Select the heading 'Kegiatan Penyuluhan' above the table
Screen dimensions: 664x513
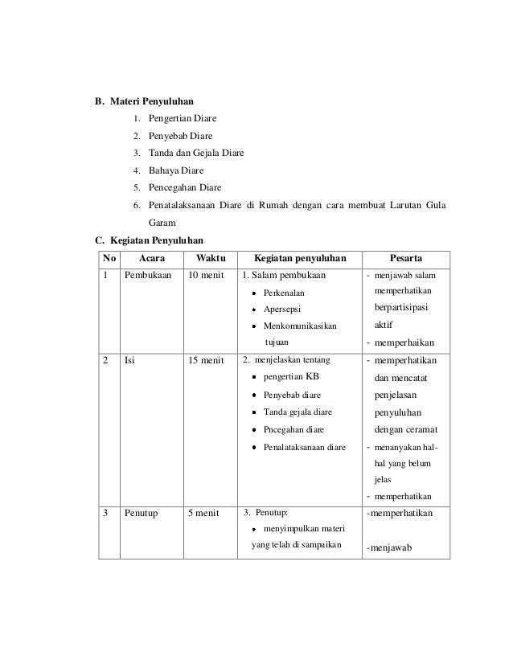(156, 240)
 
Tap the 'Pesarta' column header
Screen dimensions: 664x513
(408, 259)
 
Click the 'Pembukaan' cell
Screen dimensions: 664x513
(148, 276)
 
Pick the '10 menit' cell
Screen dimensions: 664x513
(206, 276)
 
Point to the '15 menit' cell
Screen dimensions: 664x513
(206, 360)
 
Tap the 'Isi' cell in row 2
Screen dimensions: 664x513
(129, 360)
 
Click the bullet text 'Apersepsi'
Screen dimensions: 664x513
(285, 309)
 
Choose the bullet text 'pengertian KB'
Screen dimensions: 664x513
(291, 378)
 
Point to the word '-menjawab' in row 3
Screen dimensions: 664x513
(389, 549)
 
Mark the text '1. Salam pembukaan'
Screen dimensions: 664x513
(283, 276)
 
